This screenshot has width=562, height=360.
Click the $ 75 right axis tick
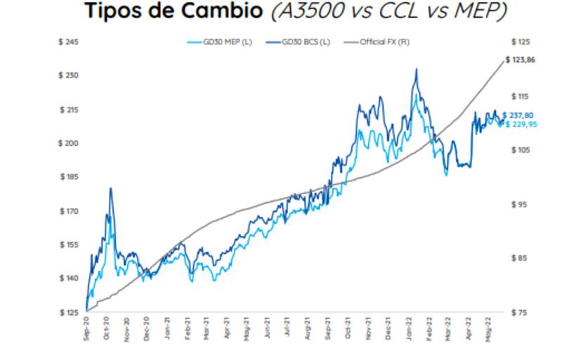[x=518, y=311]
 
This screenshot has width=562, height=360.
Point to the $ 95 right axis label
[x=518, y=205]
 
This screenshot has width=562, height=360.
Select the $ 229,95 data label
[x=522, y=124]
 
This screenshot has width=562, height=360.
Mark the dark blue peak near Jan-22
[x=416, y=69]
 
